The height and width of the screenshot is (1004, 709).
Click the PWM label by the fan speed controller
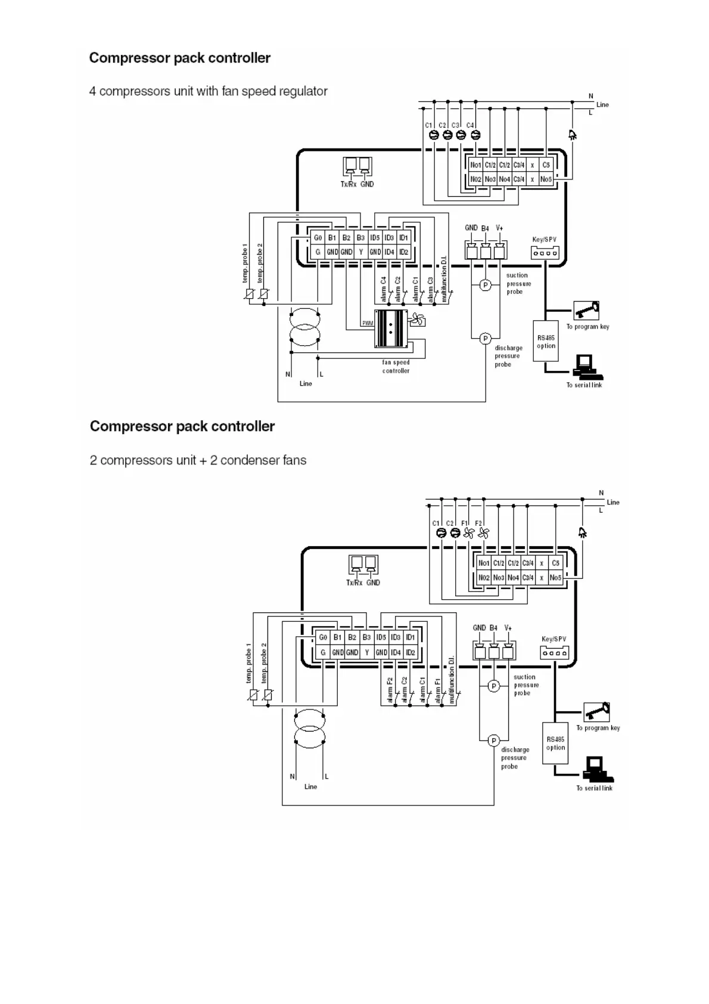coord(368,323)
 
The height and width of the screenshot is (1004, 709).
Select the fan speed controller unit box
coord(391,329)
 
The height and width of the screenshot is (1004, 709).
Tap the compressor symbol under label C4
coord(475,135)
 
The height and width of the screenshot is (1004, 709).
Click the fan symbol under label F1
coord(469,534)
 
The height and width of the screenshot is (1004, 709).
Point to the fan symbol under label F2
coord(483,534)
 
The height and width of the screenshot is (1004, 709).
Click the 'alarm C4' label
coord(384,289)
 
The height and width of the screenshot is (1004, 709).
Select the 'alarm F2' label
coord(390,690)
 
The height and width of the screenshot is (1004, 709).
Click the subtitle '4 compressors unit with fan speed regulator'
coord(208,91)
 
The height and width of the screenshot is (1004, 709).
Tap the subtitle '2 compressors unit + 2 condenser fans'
coord(198,460)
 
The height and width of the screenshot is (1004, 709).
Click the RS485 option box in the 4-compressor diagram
coord(546,342)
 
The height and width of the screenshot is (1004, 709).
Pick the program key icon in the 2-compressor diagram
coord(597,712)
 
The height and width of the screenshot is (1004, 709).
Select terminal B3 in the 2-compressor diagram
coord(366,637)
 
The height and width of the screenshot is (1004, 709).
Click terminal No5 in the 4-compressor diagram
coord(546,179)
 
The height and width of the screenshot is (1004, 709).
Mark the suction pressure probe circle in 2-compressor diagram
coord(493,686)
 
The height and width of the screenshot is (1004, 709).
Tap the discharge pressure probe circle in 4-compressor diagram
coord(485,339)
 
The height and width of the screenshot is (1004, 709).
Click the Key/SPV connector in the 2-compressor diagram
coord(554,653)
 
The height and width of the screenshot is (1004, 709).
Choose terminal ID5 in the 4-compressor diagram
coord(375,237)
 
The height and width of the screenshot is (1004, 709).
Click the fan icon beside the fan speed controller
coord(417,320)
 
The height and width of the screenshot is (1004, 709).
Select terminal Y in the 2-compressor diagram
coord(366,652)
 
